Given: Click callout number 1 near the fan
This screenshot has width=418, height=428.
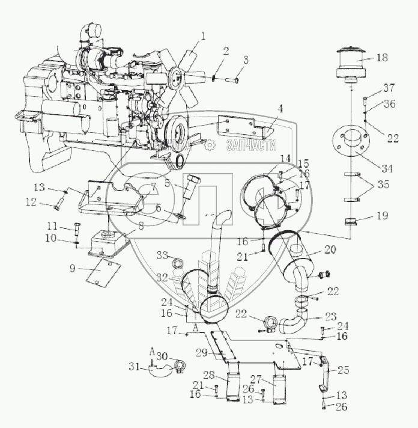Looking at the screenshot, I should (x=203, y=36).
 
